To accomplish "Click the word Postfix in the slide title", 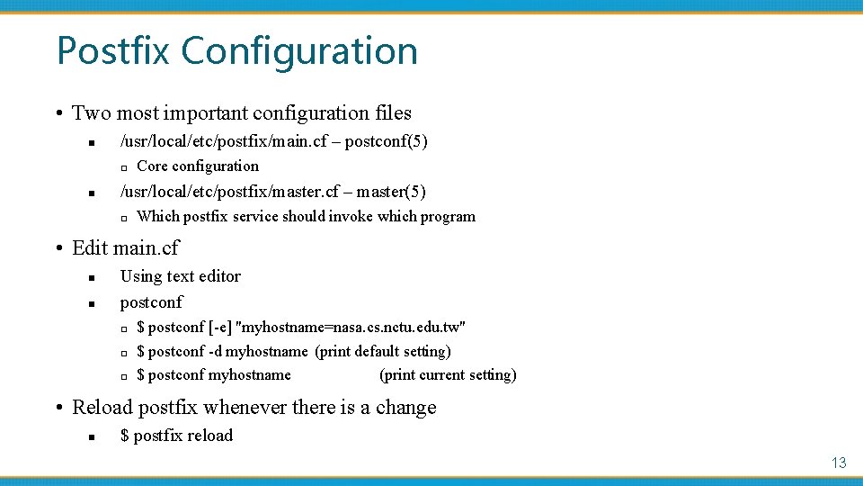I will [x=114, y=50].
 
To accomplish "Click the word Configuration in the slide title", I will [x=299, y=52].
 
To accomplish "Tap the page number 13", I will [x=839, y=463].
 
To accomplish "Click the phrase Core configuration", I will [x=198, y=166].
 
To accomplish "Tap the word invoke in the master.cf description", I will [x=351, y=216].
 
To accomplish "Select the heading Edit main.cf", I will [x=125, y=247].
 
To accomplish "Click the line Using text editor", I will [x=180, y=276].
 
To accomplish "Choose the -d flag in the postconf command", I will [x=216, y=351].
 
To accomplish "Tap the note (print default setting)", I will [x=383, y=351].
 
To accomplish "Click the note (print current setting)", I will [x=448, y=374].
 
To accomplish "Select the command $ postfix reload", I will [x=176, y=436].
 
